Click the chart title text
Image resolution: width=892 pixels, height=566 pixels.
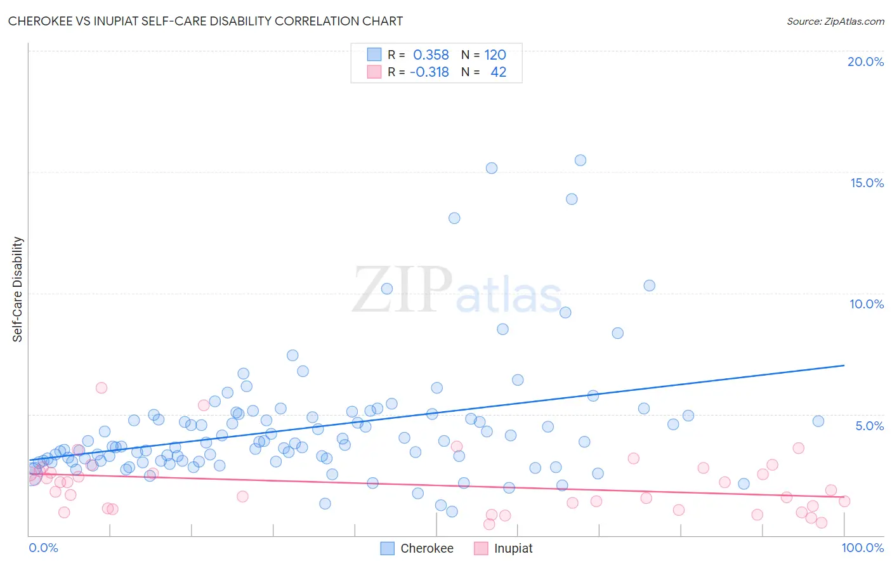click(x=205, y=21)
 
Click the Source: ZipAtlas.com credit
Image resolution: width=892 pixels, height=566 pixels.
click(x=835, y=21)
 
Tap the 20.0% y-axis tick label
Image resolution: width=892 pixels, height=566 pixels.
click(x=865, y=62)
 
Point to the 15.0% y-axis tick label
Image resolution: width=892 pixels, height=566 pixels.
click(x=867, y=183)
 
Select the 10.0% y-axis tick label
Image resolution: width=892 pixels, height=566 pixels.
click(x=867, y=304)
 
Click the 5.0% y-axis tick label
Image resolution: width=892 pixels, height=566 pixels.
click(x=869, y=426)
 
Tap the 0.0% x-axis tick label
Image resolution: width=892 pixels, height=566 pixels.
click(x=43, y=548)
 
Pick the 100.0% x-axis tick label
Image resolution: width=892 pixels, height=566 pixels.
click(x=862, y=548)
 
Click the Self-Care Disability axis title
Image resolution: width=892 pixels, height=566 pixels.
click(x=18, y=289)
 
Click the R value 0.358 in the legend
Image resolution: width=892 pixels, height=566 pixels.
click(x=431, y=55)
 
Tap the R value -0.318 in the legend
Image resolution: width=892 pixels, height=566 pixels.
click(x=430, y=72)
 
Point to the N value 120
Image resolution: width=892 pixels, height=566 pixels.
click(x=495, y=55)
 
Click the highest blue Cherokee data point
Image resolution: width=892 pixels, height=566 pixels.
click(x=580, y=160)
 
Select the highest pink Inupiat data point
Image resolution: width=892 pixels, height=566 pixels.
click(x=102, y=388)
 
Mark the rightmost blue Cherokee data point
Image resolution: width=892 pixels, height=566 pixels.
click(x=818, y=421)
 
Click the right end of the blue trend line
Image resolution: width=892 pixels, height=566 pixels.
click(x=844, y=365)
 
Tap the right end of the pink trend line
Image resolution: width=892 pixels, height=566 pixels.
click(x=844, y=497)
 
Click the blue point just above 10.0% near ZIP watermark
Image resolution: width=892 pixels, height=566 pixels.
click(x=387, y=289)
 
